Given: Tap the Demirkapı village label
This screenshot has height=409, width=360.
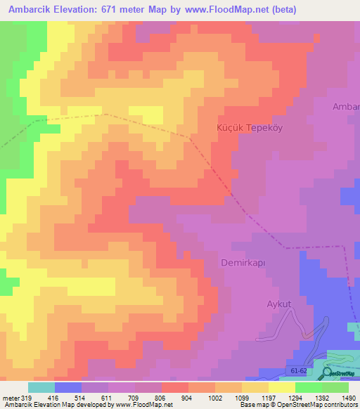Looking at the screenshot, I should coord(236,261).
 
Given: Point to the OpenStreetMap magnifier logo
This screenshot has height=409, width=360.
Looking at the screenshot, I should coord(327,373).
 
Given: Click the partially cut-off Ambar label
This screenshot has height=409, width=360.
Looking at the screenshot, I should coord(346,107).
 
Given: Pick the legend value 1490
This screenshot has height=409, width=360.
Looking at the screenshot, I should coord(345,398).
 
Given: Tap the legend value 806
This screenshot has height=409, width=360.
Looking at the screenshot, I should coord(160,398).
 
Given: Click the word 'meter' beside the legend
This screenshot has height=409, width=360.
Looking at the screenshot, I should coord(11,398).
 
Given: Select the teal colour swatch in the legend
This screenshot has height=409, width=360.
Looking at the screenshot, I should coord(41,387).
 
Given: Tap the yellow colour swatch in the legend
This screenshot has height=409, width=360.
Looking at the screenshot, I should coord(281,387).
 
